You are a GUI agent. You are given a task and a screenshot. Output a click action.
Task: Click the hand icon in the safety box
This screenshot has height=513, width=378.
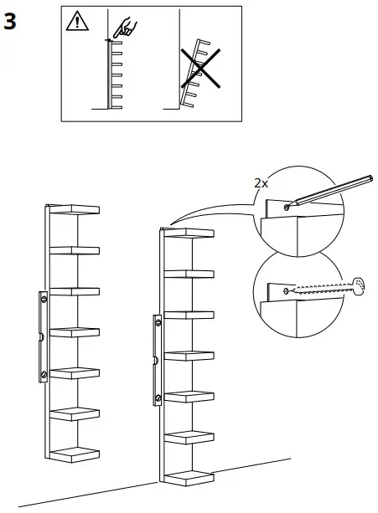(x=127, y=28)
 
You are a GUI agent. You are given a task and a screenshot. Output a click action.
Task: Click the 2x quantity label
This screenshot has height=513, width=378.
(x=261, y=182)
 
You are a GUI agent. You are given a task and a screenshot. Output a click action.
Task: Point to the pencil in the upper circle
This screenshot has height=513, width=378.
(x=327, y=191)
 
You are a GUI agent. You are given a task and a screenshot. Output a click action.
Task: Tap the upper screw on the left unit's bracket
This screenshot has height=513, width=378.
(x=44, y=296)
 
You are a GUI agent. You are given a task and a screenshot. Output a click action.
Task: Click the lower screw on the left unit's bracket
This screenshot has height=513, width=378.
(x=44, y=374)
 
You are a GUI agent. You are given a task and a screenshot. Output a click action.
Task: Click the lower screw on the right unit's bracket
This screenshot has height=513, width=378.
(x=158, y=398)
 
